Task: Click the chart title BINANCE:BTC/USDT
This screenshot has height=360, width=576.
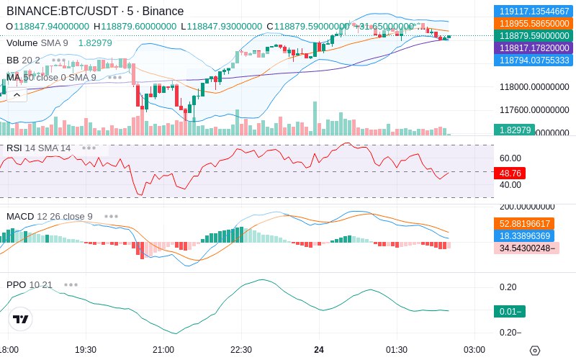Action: pyautogui.click(x=55, y=11)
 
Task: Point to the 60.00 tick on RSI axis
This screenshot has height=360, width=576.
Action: pyautogui.click(x=510, y=158)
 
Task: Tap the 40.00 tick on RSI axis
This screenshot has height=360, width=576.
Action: pyautogui.click(x=510, y=185)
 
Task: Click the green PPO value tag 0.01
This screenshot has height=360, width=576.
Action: pyautogui.click(x=509, y=312)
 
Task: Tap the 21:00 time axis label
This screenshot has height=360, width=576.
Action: pyautogui.click(x=163, y=349)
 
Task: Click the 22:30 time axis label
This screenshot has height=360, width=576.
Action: pyautogui.click(x=240, y=349)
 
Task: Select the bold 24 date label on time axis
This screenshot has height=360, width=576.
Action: pyautogui.click(x=319, y=349)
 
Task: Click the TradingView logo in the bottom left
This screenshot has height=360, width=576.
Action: pyautogui.click(x=21, y=319)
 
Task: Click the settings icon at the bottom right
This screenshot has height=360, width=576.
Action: pyautogui.click(x=534, y=351)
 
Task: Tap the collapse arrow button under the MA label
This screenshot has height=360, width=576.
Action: pyautogui.click(x=17, y=94)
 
